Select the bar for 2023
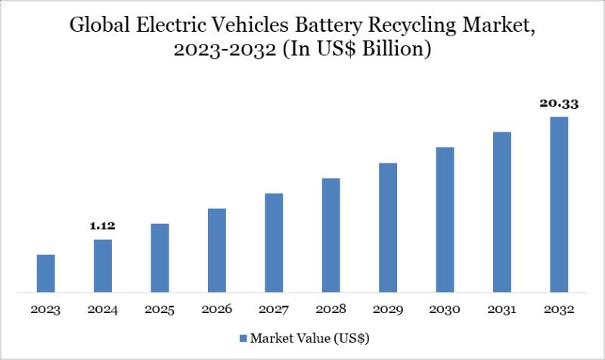[x=46, y=273]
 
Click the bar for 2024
[x=103, y=265]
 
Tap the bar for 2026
[x=217, y=250]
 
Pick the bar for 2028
[x=331, y=234]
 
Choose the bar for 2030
[x=445, y=219]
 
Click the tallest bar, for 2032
[x=559, y=204]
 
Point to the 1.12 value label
[x=102, y=225]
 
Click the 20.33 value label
[x=559, y=103]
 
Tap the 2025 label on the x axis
[x=160, y=310]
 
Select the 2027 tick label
[x=274, y=310]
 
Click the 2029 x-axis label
[x=388, y=310]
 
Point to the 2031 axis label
[x=502, y=310]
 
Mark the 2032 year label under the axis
[x=559, y=310]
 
